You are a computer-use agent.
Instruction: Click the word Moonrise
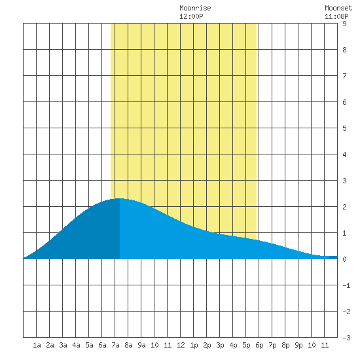coord(195,8)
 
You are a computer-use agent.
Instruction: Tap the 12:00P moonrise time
coord(191,16)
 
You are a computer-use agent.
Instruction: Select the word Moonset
coord(338,8)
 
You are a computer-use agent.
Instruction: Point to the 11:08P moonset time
coord(336,16)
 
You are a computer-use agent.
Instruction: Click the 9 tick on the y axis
coord(344,24)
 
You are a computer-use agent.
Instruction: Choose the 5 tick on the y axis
coord(344,128)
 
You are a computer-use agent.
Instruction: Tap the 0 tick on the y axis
coord(344,259)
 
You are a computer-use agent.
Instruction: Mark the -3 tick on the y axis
coord(346,338)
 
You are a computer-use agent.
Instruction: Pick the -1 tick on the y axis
coord(346,285)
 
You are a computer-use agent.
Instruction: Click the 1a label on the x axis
coord(37,345)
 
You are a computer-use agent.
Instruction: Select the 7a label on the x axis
coord(115,345)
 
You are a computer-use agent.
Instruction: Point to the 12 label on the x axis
coord(181,345)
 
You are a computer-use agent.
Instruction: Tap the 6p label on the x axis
coord(259,345)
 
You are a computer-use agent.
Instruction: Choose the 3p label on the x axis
coord(220,345)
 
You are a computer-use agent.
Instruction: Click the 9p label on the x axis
coord(298,345)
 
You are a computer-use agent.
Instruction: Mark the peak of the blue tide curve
coord(119,198)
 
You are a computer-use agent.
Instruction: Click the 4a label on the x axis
coord(76,345)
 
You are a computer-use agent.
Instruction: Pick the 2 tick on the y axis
coord(344,207)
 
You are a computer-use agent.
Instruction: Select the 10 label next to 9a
coord(154,345)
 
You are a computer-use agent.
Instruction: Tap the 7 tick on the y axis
coord(344,76)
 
